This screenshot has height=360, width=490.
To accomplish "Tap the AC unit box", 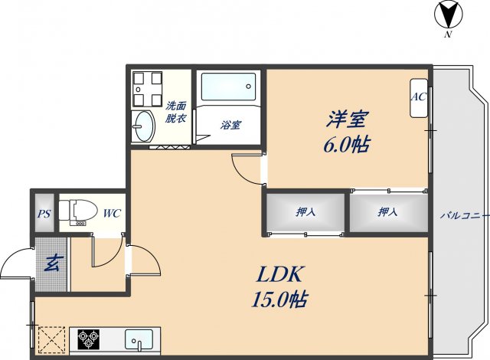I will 419,98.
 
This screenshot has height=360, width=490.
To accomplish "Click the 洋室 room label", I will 348,119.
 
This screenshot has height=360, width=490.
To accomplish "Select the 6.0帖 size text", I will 348,143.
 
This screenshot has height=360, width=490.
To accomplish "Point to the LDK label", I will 279,273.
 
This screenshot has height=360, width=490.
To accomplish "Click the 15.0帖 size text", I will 279,299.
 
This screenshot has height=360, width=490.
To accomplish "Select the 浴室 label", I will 230,124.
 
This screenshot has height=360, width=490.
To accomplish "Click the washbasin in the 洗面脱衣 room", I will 143,123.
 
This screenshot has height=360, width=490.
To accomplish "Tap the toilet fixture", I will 78,210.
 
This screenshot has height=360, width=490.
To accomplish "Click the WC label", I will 112,214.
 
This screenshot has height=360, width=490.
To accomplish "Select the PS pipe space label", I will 44,214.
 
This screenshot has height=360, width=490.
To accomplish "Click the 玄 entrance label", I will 52,263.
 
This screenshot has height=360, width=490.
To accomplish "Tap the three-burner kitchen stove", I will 85,338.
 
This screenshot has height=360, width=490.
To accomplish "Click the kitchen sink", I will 140,338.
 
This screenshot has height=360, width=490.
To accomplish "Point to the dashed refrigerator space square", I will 51,339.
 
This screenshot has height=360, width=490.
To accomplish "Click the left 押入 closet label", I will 305,212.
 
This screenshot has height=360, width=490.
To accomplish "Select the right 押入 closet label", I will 387,212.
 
